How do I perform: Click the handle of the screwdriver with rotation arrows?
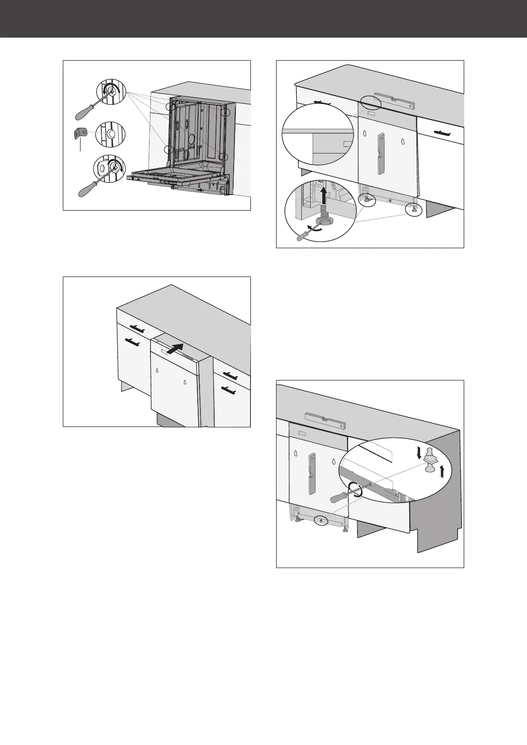[x=339, y=497]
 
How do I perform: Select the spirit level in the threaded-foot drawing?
[x=394, y=101]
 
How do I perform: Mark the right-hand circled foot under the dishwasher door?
[x=414, y=209]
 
